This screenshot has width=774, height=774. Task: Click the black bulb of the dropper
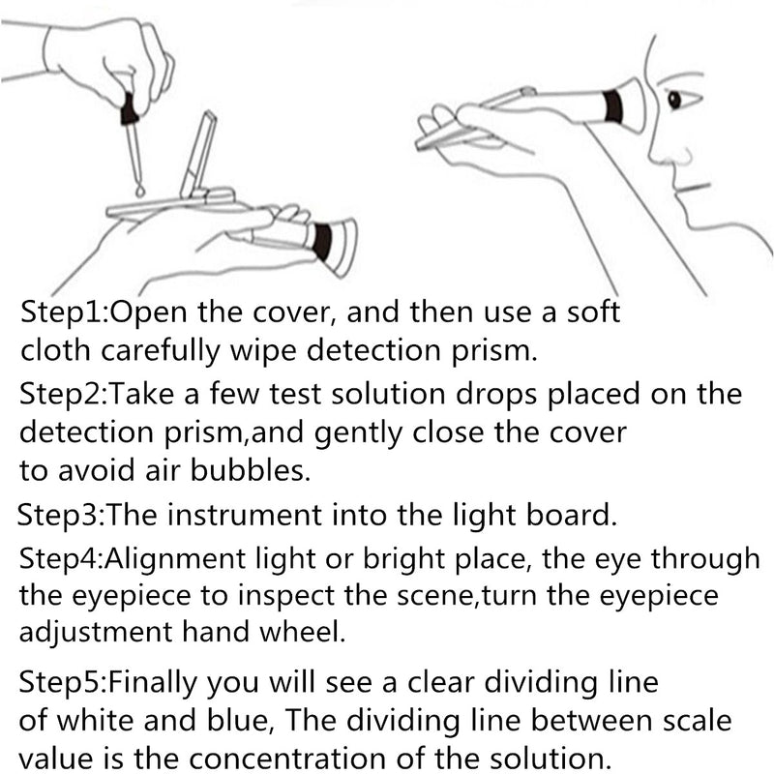click(131, 108)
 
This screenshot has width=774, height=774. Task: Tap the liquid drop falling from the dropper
click(140, 190)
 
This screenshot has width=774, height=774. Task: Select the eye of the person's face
click(674, 101)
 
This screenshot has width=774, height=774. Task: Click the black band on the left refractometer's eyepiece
click(322, 242)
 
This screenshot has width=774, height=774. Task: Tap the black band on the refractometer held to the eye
click(613, 106)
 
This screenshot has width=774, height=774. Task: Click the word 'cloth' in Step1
click(56, 350)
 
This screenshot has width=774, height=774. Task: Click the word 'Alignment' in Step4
click(175, 560)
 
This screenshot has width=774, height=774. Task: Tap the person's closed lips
click(693, 188)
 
